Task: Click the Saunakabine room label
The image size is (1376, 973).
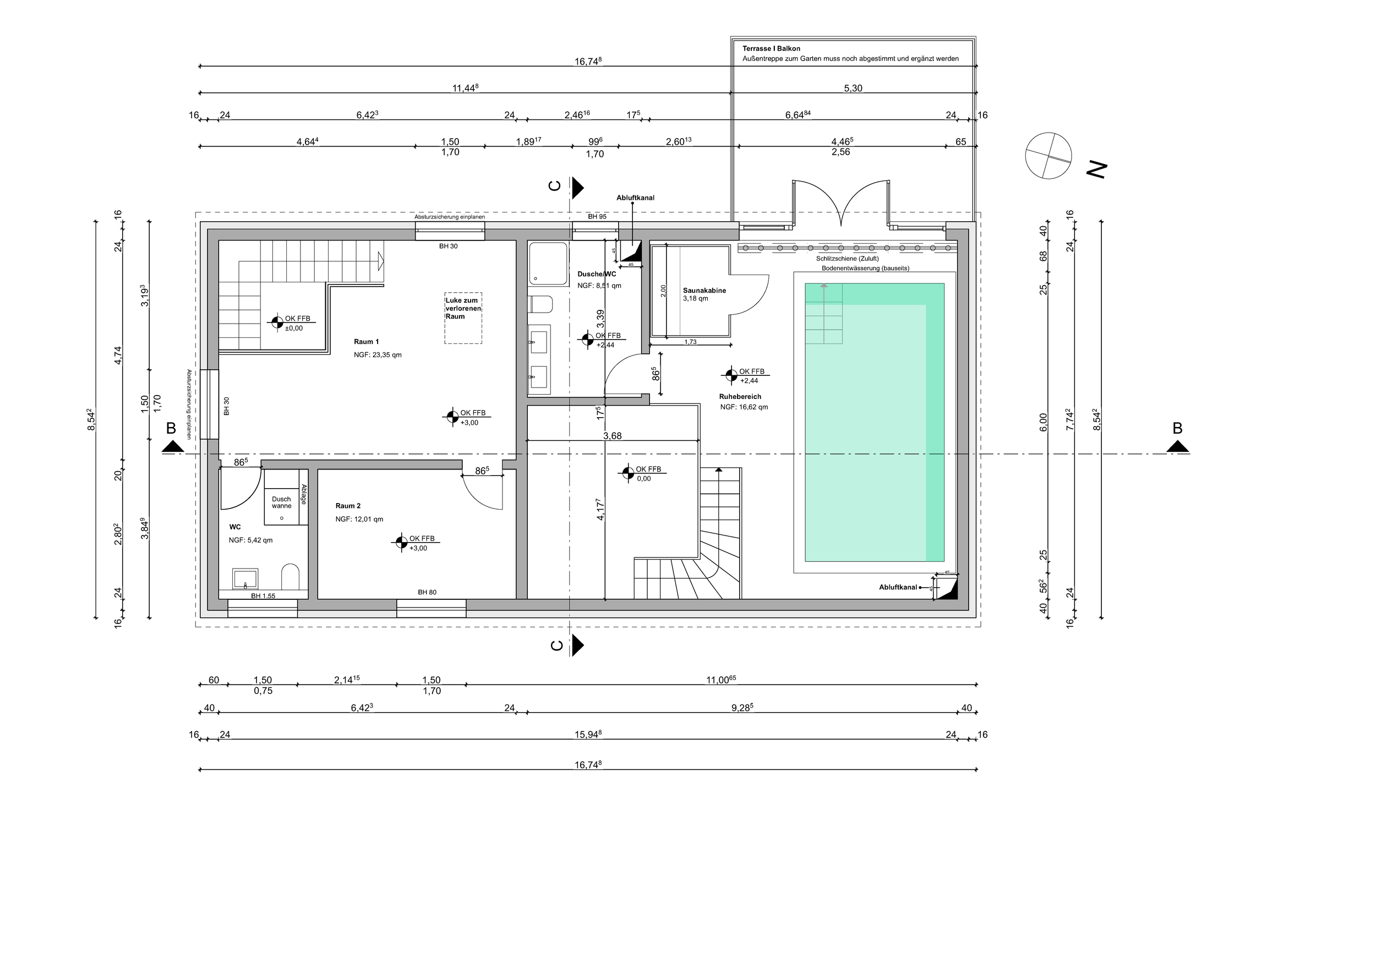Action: pyautogui.click(x=704, y=291)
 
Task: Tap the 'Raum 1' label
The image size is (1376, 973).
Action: pyautogui.click(x=366, y=342)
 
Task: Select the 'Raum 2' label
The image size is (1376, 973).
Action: pyautogui.click(x=348, y=506)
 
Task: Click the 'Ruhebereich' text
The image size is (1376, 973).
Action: pyautogui.click(x=740, y=397)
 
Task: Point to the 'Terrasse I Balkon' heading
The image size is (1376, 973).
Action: pyautogui.click(x=771, y=48)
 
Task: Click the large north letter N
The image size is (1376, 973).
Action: pyautogui.click(x=1097, y=171)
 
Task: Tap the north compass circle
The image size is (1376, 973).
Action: pyautogui.click(x=1048, y=155)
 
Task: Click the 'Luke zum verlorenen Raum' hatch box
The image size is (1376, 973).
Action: pyautogui.click(x=463, y=318)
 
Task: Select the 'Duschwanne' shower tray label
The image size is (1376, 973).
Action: pyautogui.click(x=282, y=502)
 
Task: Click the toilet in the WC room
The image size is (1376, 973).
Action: pyautogui.click(x=290, y=576)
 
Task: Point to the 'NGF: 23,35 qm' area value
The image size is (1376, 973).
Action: pyautogui.click(x=378, y=354)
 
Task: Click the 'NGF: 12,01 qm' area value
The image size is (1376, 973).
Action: pyautogui.click(x=359, y=520)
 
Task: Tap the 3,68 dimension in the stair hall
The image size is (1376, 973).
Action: pyautogui.click(x=612, y=436)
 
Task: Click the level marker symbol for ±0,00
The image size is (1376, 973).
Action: pyautogui.click(x=276, y=323)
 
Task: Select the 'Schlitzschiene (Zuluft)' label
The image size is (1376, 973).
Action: pyautogui.click(x=848, y=259)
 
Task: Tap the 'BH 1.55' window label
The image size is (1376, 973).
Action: pyautogui.click(x=263, y=596)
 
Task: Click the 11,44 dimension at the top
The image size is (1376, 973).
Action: pyautogui.click(x=465, y=88)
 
